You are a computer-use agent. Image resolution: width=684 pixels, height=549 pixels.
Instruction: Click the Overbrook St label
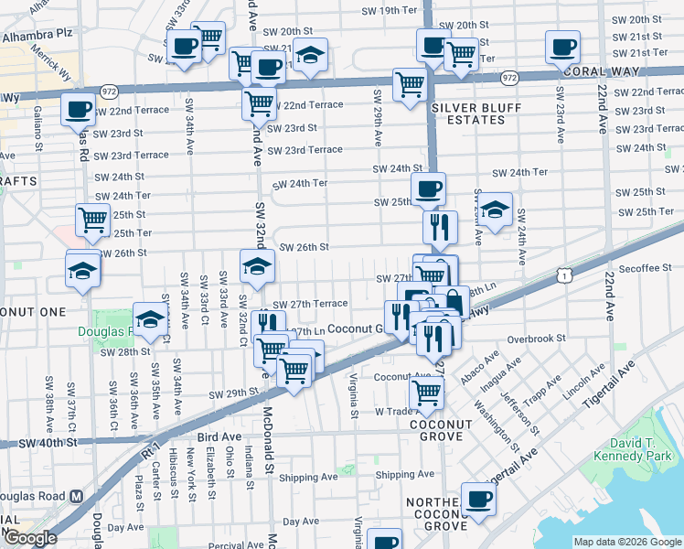click(x=537, y=339)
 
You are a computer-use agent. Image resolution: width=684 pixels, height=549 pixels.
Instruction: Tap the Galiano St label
click(x=38, y=128)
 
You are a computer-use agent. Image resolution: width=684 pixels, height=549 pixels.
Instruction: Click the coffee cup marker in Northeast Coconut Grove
click(x=478, y=500)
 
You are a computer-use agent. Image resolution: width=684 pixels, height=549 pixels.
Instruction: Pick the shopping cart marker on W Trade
click(x=426, y=394)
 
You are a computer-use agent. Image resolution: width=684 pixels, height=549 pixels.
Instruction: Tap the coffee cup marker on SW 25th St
click(x=427, y=189)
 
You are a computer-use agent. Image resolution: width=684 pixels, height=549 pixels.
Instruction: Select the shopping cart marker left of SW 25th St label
click(x=92, y=219)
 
